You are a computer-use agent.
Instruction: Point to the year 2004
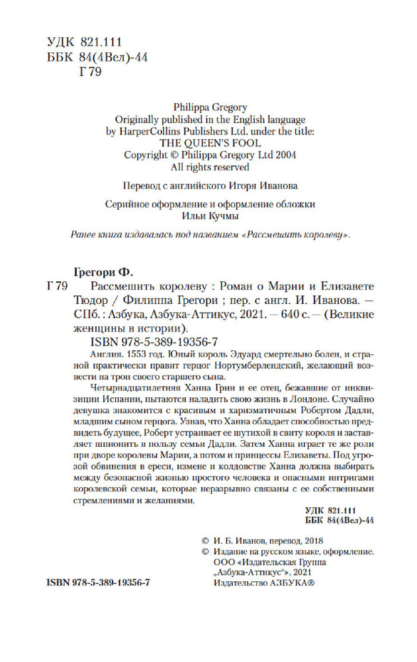(x=283, y=155)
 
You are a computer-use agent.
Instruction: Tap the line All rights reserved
(x=208, y=167)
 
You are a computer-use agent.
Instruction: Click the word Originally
(x=140, y=119)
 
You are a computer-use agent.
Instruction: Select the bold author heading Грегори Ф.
(x=102, y=271)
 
